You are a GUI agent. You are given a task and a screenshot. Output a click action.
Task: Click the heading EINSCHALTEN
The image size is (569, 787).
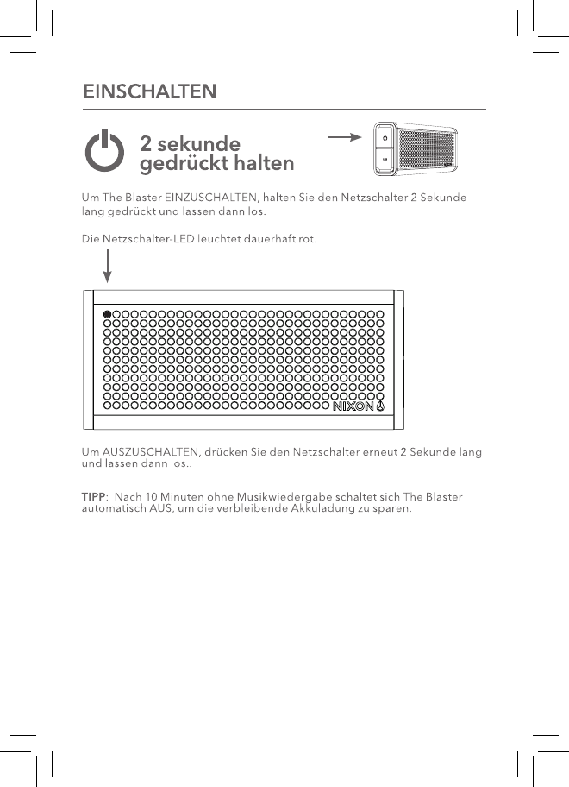(x=148, y=91)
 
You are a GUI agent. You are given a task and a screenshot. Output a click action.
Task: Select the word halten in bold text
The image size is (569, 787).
(x=259, y=162)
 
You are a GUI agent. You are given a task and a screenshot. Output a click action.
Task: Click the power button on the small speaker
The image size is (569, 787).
(x=385, y=137)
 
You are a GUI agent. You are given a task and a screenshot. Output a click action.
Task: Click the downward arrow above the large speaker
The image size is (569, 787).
(x=108, y=265)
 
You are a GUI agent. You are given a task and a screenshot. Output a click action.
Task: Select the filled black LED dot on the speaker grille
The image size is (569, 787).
(x=108, y=314)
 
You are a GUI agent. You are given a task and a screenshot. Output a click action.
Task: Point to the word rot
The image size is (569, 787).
(x=307, y=239)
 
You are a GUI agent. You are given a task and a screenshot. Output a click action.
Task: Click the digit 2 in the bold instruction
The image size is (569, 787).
(x=147, y=142)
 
